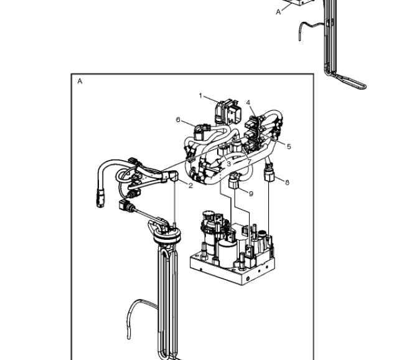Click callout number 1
200,95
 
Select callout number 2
190,186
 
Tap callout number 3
228,164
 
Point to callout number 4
248,103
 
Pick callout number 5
289,146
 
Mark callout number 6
178,120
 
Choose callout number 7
249,161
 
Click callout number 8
287,182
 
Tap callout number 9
251,194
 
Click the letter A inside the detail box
80,81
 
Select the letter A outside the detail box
278,12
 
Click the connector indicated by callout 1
228,111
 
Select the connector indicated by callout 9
235,180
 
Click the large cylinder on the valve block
228,252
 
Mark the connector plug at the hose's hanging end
101,199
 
